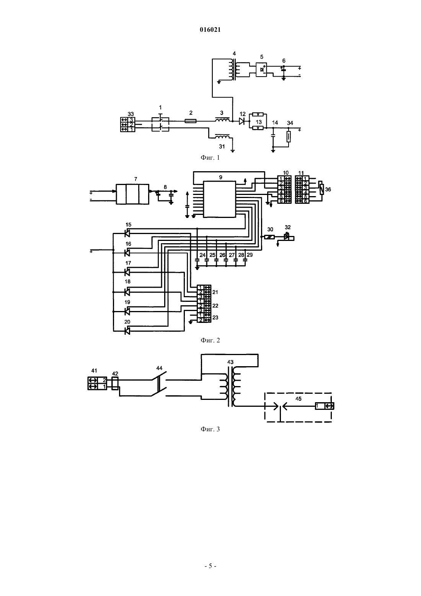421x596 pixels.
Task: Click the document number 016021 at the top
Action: pyautogui.click(x=210, y=30)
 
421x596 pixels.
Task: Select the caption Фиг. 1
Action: pyautogui.click(x=210, y=157)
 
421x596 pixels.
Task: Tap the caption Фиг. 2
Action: pyautogui.click(x=210, y=340)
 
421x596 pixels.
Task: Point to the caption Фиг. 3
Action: pyautogui.click(x=210, y=429)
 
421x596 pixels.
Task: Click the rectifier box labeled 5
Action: pyautogui.click(x=261, y=69)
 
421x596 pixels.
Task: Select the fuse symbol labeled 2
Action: pyautogui.click(x=191, y=121)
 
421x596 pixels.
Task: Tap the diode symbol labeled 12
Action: pyautogui.click(x=242, y=121)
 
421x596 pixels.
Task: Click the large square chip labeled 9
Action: pyautogui.click(x=220, y=199)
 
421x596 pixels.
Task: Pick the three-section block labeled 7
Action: pyautogui.click(x=132, y=194)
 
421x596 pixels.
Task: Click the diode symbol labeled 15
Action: pyautogui.click(x=127, y=233)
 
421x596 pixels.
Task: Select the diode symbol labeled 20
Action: pyautogui.click(x=127, y=331)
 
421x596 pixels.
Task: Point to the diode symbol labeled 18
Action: pyautogui.click(x=127, y=292)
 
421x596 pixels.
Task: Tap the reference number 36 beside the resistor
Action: pyautogui.click(x=328, y=190)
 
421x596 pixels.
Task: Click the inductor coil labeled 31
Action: pyautogui.click(x=222, y=137)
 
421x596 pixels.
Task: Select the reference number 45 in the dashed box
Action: pyautogui.click(x=299, y=399)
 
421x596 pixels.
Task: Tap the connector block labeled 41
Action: pyautogui.click(x=97, y=383)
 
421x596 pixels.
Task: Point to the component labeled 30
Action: pyautogui.click(x=269, y=237)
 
